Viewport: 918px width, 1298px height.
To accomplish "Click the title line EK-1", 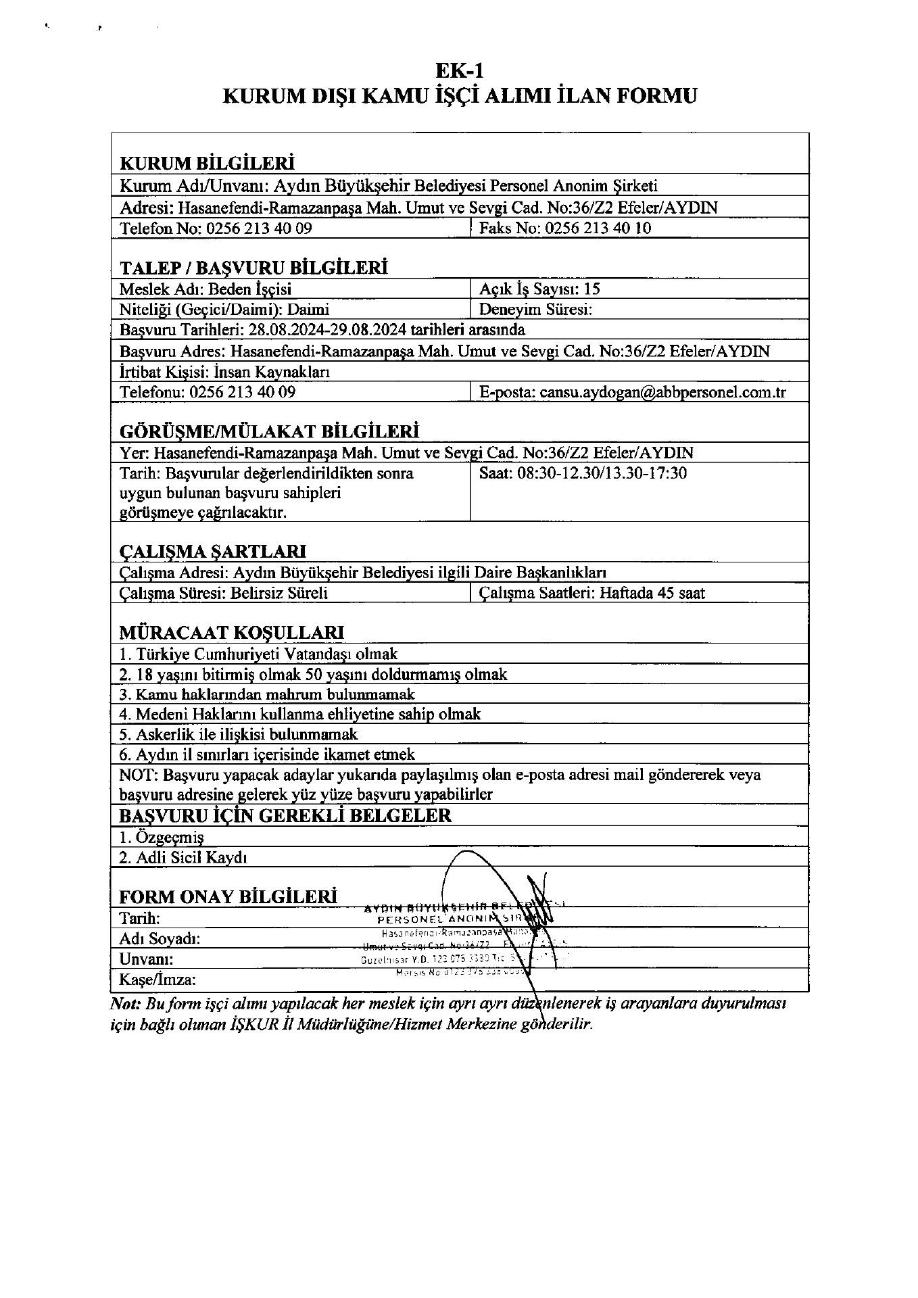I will pos(460,70).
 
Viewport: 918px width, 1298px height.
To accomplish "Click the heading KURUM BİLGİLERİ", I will pos(207,164).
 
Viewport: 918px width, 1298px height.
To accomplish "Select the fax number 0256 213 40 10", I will pos(598,228).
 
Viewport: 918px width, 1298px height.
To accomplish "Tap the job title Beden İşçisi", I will pos(249,289).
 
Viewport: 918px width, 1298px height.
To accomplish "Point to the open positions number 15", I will pos(591,289).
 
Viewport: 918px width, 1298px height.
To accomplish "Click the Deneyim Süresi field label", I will pos(535,310).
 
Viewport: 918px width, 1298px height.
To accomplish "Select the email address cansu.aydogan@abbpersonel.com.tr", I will pos(662,392).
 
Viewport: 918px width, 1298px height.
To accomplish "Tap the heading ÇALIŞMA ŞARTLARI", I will pos(212,551).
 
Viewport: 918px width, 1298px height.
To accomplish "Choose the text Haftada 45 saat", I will pos(652,594).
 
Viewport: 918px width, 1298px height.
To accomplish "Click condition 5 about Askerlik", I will pos(239,734).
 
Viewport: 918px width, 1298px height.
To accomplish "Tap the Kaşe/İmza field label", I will pos(158,980).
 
